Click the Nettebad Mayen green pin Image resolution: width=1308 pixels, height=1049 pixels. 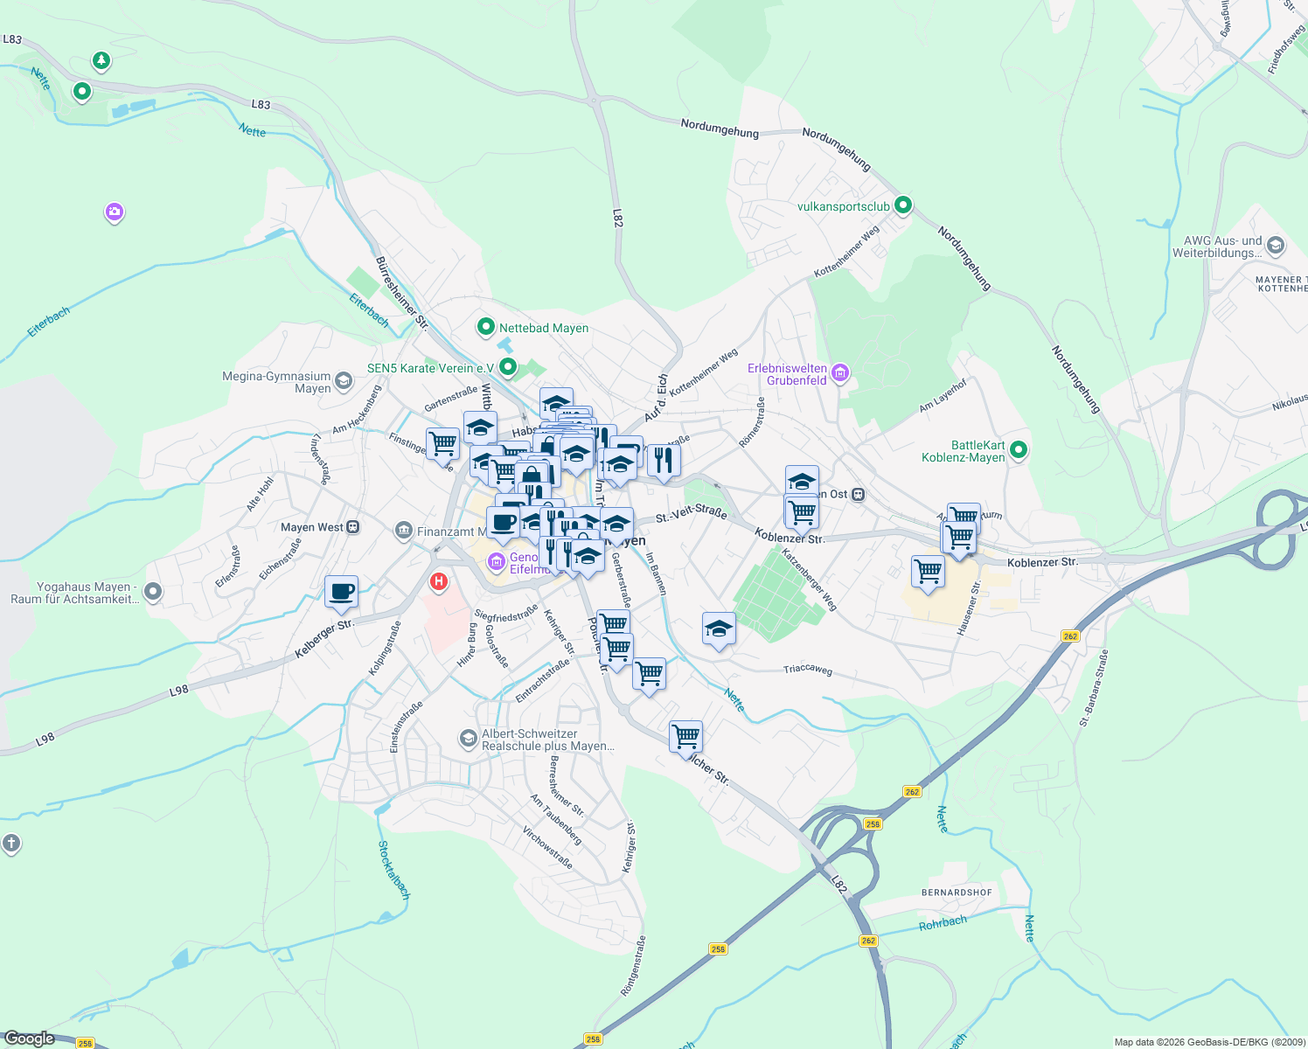coord(486,328)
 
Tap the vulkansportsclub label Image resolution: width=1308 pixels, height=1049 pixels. coord(843,206)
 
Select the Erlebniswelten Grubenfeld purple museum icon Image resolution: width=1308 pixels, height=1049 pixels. coord(840,373)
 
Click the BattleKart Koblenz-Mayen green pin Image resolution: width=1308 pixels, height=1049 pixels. coord(1018,451)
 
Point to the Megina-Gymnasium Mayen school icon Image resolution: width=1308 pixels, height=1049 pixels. coord(344,380)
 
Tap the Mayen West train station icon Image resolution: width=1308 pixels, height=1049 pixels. coord(352,527)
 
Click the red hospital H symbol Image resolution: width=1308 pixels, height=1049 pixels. coord(439,580)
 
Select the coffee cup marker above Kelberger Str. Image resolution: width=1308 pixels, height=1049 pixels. coord(341,592)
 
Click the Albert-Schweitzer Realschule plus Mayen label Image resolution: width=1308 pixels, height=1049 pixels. coord(547,740)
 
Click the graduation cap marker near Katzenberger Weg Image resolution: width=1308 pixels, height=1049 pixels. coord(719,628)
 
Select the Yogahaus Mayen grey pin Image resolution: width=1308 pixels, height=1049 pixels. coord(153,593)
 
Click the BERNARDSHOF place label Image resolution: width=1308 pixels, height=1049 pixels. coord(957,893)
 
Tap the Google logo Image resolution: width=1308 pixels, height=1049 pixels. coord(29,1039)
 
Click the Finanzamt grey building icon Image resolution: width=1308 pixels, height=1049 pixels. coord(403,531)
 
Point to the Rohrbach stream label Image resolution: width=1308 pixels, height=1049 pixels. coord(943,923)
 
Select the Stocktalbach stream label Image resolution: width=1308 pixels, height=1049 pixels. coord(393,870)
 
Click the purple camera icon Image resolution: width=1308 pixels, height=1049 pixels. coord(114,212)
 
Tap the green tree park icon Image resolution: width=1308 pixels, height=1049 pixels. coord(101,60)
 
